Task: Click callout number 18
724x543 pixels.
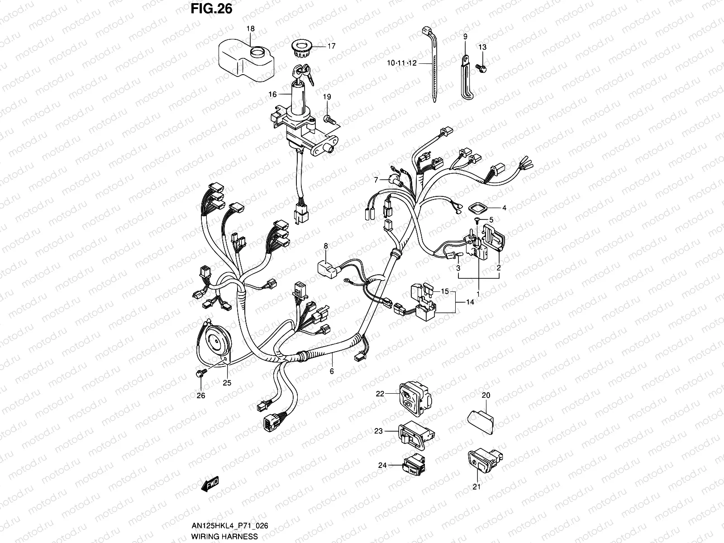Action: point(250,29)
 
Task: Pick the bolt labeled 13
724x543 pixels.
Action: point(482,68)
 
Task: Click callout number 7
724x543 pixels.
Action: point(375,180)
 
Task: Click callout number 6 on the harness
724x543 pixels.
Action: point(332,371)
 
